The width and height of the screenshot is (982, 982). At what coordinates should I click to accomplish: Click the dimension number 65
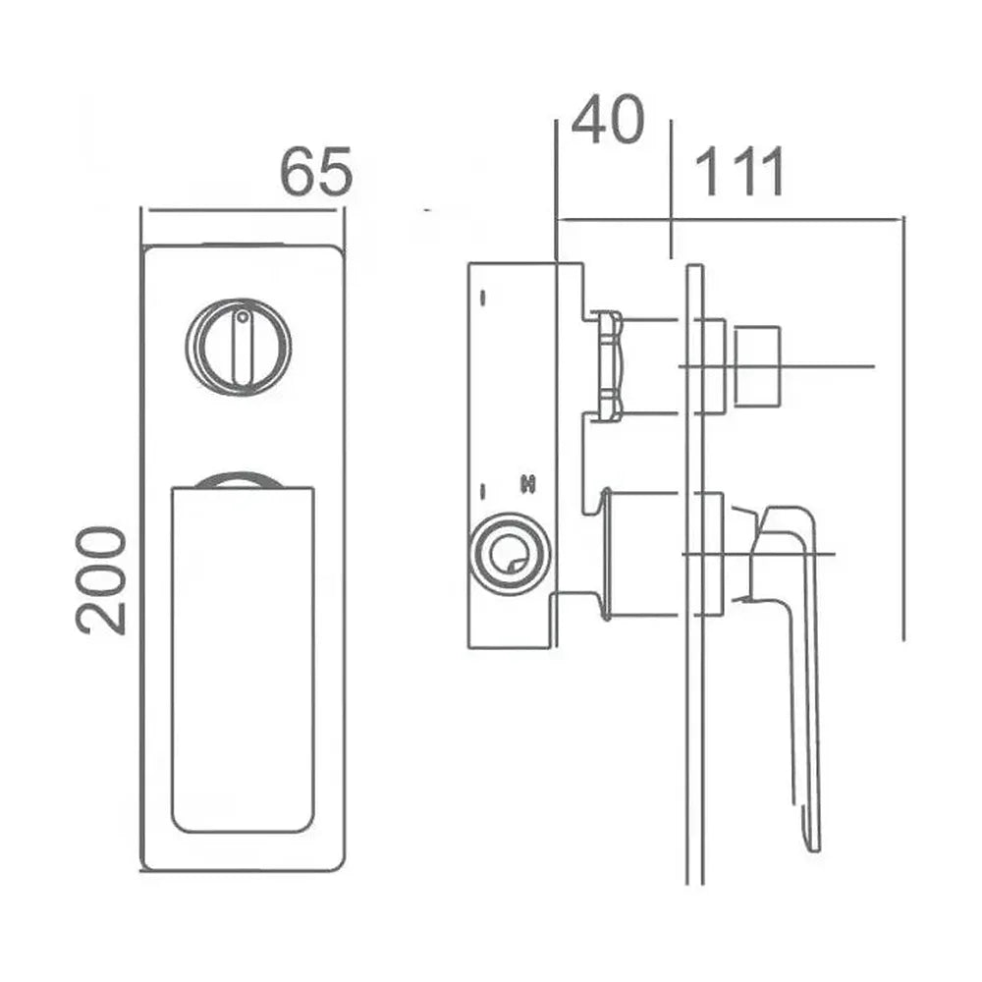(x=315, y=171)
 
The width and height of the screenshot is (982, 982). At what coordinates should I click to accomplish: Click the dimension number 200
(x=101, y=580)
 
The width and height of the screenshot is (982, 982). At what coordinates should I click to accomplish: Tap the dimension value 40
(x=608, y=120)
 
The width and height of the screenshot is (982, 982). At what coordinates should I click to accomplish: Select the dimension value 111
(x=739, y=172)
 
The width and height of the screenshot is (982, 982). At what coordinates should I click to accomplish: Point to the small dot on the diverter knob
(x=242, y=316)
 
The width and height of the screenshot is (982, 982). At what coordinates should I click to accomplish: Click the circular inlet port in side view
(x=510, y=554)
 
